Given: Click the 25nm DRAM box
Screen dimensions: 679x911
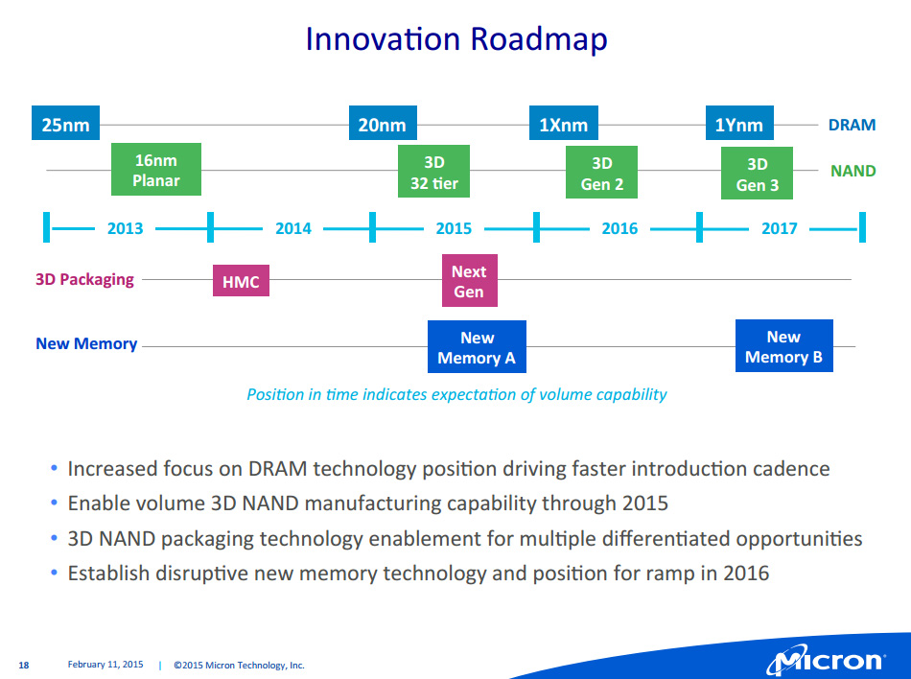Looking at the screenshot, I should (65, 125).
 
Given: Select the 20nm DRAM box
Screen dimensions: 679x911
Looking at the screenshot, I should (382, 125).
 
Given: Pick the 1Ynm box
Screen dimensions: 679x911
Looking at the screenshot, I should (738, 125).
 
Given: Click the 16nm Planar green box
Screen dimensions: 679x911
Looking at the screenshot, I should (156, 170).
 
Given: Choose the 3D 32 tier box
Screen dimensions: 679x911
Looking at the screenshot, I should (433, 172).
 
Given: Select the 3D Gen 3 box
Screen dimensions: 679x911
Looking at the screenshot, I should (757, 174).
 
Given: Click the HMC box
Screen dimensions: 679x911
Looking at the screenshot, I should (241, 281).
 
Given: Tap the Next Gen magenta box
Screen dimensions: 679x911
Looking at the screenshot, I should (469, 281).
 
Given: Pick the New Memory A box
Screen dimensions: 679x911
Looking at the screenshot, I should (477, 347).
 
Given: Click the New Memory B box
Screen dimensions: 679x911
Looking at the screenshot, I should (783, 346).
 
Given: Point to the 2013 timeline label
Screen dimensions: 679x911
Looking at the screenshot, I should (126, 228).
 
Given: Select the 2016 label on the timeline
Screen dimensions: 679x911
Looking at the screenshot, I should (619, 228).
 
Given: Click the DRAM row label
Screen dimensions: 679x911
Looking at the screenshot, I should (852, 125).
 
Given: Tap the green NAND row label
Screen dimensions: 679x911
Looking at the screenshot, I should (853, 171).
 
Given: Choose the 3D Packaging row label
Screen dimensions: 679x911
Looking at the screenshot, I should (84, 279).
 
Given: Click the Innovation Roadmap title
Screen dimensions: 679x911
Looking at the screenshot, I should (455, 39).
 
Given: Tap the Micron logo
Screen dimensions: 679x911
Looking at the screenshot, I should (825, 660).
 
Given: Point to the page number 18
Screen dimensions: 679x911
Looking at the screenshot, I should (24, 665).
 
